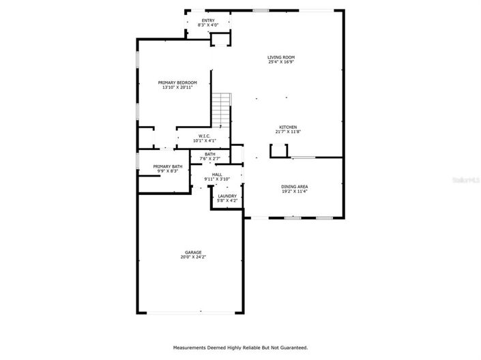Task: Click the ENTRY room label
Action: [208, 20]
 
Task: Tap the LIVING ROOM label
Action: [280, 57]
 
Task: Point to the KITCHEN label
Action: [287, 127]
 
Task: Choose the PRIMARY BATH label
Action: [167, 166]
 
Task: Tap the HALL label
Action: [217, 175]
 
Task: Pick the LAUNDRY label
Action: [227, 196]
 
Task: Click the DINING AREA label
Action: [295, 186]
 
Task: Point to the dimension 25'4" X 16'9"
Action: [280, 63]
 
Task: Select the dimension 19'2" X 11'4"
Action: [295, 192]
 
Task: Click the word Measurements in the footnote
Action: [192, 348]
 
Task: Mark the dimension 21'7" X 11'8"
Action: [287, 133]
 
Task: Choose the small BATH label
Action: [209, 154]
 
